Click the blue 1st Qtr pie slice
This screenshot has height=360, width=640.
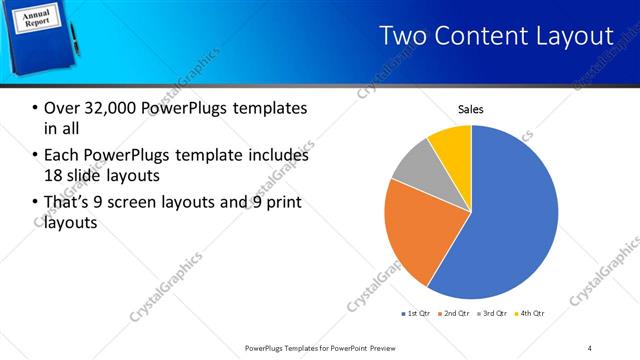pos(510,220)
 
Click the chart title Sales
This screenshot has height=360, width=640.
pos(471,108)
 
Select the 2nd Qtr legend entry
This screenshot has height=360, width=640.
pos(454,314)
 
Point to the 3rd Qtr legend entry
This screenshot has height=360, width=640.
pos(492,314)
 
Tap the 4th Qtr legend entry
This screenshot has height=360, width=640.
pos(530,314)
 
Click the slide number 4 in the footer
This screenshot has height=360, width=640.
pos(589,347)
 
